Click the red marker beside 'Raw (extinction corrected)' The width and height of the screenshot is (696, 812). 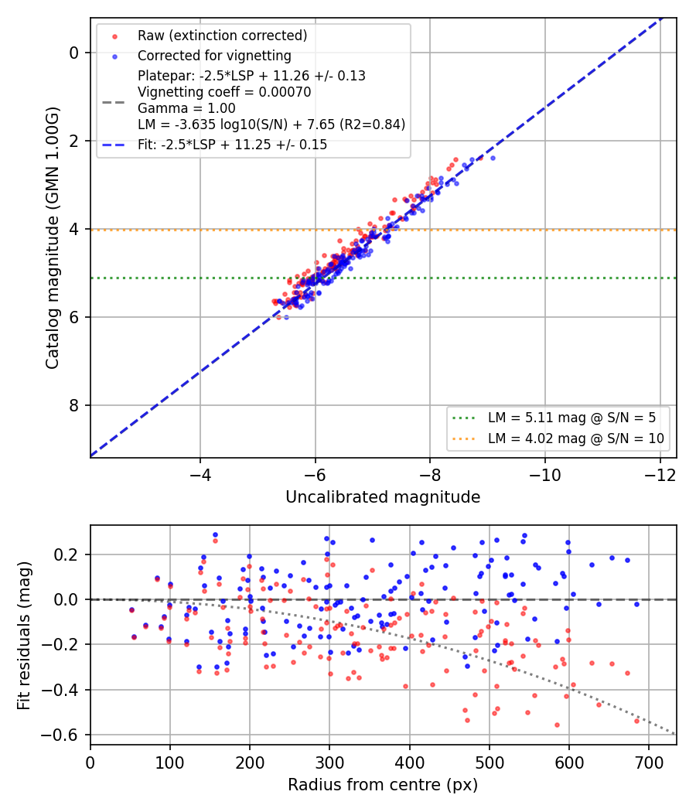[115, 36]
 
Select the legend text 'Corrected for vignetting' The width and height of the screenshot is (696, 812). [214, 56]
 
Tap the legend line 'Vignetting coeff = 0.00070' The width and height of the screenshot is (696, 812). [224, 92]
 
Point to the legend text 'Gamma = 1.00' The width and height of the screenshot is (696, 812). [186, 108]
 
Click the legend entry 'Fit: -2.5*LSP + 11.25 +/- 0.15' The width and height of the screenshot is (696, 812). [233, 145]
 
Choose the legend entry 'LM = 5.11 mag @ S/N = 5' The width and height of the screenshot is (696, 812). [571, 418]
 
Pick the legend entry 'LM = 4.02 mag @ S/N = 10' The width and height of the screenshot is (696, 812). [576, 438]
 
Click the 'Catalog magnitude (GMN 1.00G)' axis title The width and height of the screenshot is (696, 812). [53, 237]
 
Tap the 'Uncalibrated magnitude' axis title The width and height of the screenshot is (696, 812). [384, 497]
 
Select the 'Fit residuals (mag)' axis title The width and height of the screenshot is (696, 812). [24, 636]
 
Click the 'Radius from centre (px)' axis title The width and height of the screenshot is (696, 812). [384, 785]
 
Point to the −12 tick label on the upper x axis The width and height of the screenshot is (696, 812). [660, 474]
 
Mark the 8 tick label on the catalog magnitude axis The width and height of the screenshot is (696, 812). [74, 405]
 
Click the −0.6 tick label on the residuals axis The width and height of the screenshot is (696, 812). [60, 735]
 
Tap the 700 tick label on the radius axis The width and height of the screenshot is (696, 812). [649, 763]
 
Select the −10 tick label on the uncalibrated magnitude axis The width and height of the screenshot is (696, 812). [544, 474]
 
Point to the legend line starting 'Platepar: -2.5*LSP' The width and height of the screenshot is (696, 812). [251, 76]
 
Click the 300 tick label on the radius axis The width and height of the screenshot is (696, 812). [330, 763]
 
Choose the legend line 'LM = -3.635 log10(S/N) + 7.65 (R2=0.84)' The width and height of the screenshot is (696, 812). [271, 125]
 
